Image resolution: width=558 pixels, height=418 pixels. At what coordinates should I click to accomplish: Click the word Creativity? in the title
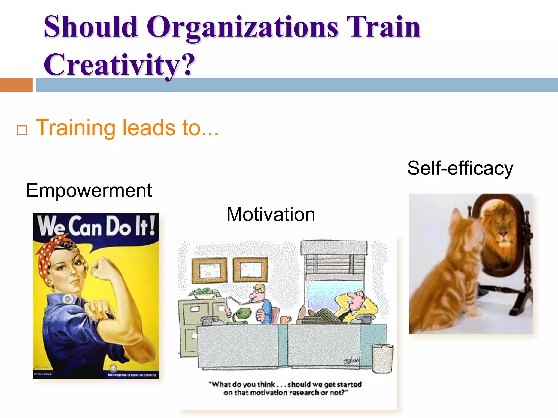pos(119,65)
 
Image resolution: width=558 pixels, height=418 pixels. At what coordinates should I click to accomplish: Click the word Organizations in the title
pos(242,27)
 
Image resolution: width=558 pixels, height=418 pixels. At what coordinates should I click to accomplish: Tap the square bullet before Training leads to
pos(22,130)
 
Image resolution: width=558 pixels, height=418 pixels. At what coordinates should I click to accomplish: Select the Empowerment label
pos(89,190)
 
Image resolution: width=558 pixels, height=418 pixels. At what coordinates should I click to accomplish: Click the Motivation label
pos(271,214)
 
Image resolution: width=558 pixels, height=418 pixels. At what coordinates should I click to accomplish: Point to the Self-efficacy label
pos(460,168)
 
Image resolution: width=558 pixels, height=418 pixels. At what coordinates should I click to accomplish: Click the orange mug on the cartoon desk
pos(285,320)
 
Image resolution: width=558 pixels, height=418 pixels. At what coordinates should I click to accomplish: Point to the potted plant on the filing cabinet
pos(204,293)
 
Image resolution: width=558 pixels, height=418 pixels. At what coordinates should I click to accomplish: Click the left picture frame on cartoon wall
pos(209,271)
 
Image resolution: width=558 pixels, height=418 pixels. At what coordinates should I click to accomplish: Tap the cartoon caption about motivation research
pos(285,389)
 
